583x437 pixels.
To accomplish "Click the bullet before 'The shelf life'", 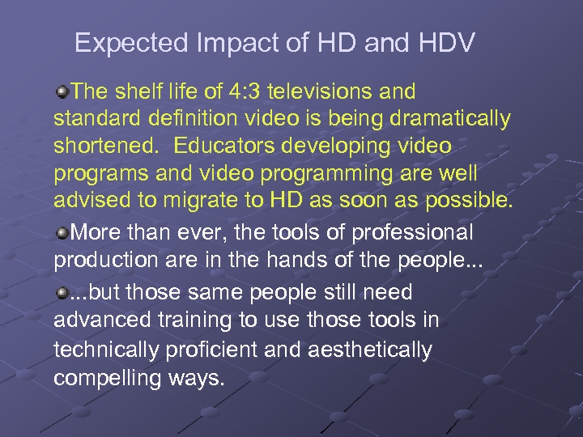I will coord(62,91).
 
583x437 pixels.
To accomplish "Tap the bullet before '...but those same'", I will coord(62,292).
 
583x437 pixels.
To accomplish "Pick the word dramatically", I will coord(450,119).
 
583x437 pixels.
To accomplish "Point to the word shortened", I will coord(100,146).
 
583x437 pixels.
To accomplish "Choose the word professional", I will coord(407,233).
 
